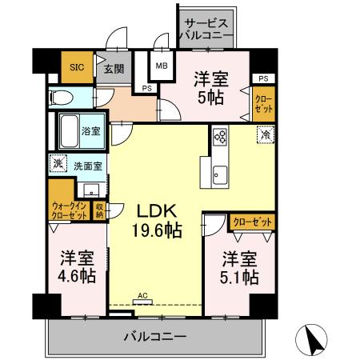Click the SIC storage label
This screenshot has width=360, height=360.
(x=77, y=67)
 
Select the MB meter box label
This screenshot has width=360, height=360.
(x=161, y=66)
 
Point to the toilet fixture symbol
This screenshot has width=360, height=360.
(x=59, y=98)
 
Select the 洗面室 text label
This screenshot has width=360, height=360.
(x=87, y=166)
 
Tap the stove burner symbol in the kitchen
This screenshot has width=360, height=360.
(x=220, y=137)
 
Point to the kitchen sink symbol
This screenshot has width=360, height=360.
(x=220, y=172)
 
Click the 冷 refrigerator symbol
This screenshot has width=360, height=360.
(x=264, y=136)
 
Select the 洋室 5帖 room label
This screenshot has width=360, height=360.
(x=210, y=87)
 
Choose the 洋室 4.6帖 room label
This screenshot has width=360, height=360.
(x=77, y=267)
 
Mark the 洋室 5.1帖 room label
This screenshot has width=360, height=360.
(x=240, y=268)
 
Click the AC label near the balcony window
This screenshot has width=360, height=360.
(x=143, y=296)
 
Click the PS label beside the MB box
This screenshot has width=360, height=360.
(x=147, y=88)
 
